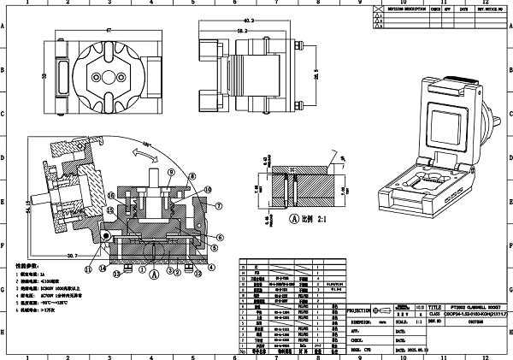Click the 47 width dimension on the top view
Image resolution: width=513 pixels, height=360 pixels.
click(109, 31)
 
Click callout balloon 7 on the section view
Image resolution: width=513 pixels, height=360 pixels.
click(218, 205)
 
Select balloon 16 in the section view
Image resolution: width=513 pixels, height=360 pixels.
click(111, 197)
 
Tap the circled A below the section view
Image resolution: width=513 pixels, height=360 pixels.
click(154, 275)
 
